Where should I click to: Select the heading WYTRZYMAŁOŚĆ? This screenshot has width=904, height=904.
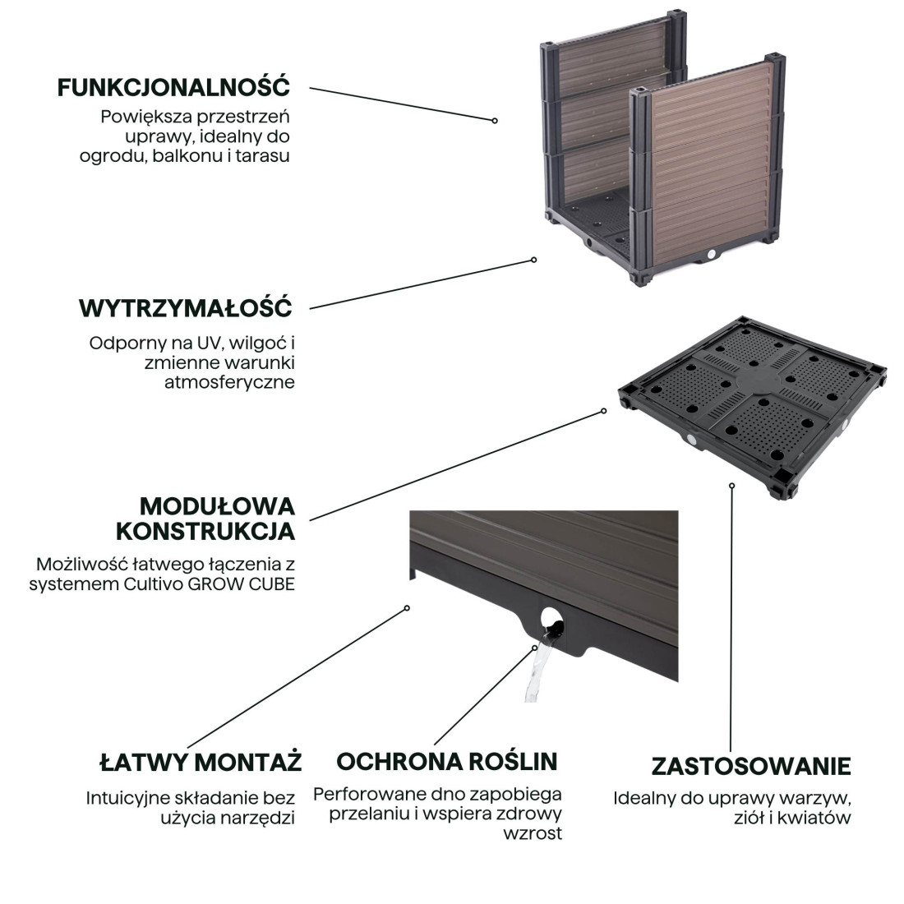(x=185, y=308)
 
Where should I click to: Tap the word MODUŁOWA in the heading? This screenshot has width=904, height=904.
(x=216, y=505)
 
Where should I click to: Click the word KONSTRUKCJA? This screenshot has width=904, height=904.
(x=205, y=531)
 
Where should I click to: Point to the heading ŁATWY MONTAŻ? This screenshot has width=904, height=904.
(x=200, y=762)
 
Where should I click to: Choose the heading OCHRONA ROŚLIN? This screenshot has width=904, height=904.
(x=446, y=761)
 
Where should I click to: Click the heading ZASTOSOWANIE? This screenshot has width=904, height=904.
(x=750, y=766)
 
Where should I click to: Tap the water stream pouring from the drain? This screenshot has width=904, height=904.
(x=533, y=674)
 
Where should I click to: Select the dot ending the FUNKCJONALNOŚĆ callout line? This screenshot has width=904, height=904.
(x=495, y=120)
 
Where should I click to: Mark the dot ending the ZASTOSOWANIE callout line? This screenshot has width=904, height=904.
(x=731, y=485)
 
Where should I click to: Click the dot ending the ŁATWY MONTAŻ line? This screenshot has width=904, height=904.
(x=407, y=608)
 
